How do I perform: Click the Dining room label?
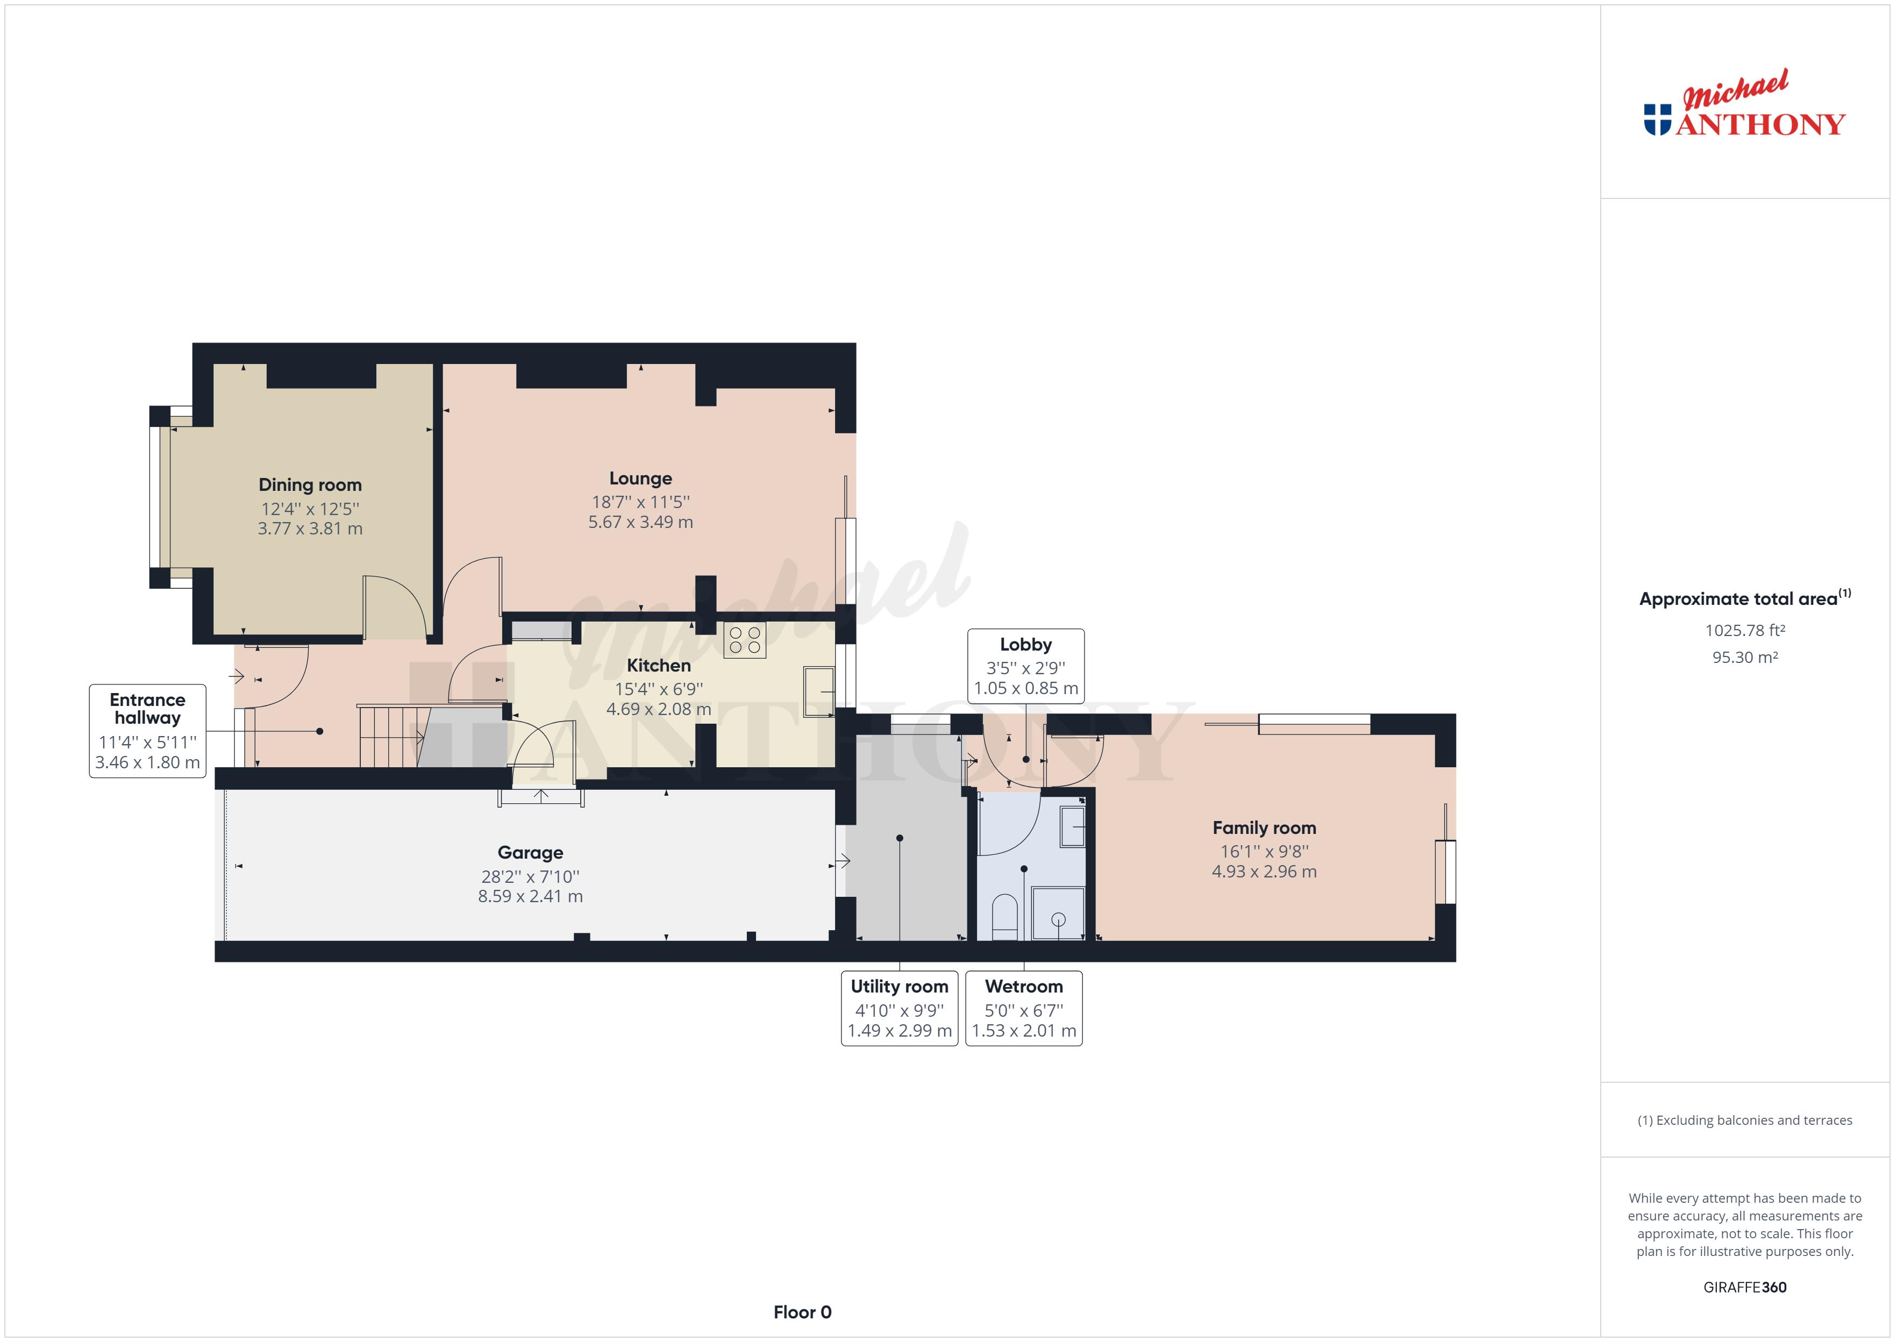click(310, 485)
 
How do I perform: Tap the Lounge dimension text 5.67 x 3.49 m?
click(640, 522)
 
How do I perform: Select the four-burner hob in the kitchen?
click(744, 640)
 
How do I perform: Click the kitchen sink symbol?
click(818, 691)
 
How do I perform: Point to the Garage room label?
click(530, 853)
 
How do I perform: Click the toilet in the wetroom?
click(1004, 917)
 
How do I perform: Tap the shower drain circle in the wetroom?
click(1058, 920)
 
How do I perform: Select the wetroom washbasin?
click(1072, 826)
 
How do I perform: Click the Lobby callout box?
click(1025, 666)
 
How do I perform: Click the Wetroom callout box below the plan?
click(1024, 1008)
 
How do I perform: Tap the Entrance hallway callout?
click(147, 731)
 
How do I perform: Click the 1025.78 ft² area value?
click(1744, 631)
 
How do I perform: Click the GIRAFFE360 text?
click(1744, 1288)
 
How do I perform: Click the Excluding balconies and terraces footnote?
click(1744, 1120)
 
